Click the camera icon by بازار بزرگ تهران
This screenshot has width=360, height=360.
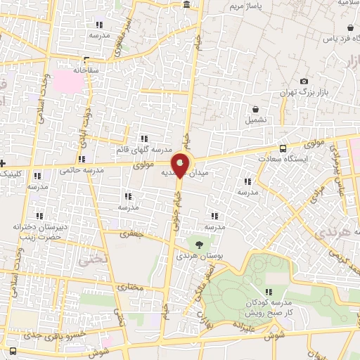pos(304,82)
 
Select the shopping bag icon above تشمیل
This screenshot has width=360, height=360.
pos(256,110)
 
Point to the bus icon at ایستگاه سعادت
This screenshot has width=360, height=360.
pos(283,148)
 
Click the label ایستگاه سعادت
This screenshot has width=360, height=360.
pos(304,160)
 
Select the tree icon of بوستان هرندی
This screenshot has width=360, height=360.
pos(199,244)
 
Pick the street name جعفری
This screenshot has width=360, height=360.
pos(131,236)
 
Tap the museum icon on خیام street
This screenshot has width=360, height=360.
pos(186,5)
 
